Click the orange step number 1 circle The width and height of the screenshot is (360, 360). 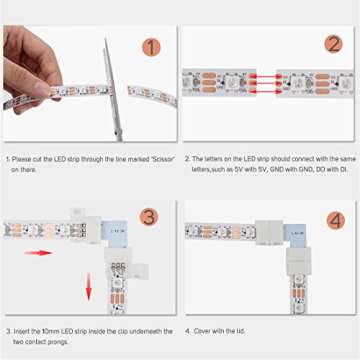pyautogui.click(x=150, y=47)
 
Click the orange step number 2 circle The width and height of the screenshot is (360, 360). pyautogui.click(x=333, y=44)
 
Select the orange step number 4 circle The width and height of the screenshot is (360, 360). pyautogui.click(x=334, y=218)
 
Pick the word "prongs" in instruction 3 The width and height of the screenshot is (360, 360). pyautogui.click(x=64, y=341)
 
